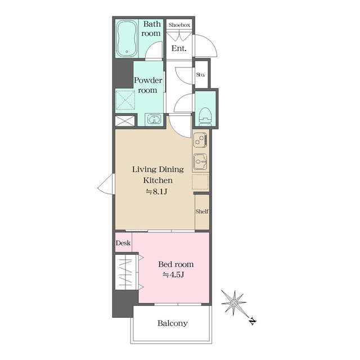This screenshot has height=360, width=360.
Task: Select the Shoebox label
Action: point(180,25)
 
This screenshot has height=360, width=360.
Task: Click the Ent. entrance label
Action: point(179,48)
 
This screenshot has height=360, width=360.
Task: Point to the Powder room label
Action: point(148,85)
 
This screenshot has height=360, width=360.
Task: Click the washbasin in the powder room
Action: point(154,119)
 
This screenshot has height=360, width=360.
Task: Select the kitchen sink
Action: point(201,162)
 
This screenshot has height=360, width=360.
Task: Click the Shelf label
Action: point(202,211)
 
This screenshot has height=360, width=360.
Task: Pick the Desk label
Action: point(123,243)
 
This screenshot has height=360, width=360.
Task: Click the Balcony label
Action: point(172,323)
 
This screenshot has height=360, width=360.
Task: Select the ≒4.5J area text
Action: point(175,275)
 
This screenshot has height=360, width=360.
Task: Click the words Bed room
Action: point(175,264)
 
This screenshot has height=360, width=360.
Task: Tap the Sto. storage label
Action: point(200,73)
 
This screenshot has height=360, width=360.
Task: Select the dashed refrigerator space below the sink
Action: point(201,182)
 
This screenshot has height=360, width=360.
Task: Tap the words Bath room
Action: point(151,29)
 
